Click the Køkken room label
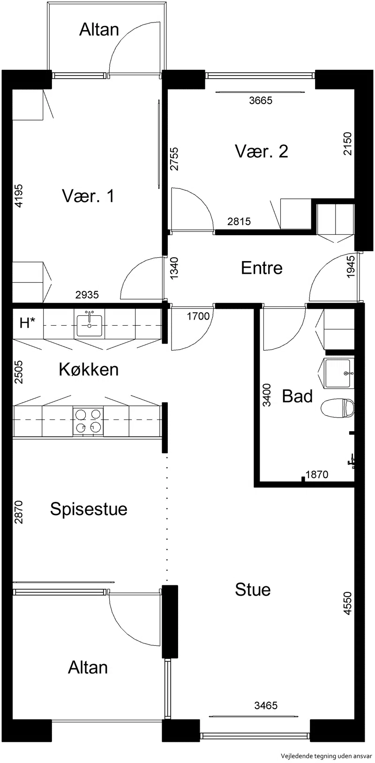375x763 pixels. click(89, 370)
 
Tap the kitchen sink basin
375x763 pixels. click(89, 325)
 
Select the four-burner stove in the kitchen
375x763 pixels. click(88, 422)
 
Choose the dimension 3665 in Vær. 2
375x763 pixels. click(261, 100)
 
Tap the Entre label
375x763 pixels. click(262, 268)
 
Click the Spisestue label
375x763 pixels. click(89, 509)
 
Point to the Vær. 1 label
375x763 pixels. click(88, 196)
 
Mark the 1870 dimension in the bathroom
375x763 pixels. click(317, 474)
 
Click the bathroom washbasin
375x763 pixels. click(339, 374)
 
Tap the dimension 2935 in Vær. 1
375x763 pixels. click(87, 295)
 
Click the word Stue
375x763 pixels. click(253, 590)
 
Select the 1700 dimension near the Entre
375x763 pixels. click(198, 316)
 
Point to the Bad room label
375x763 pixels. click(297, 396)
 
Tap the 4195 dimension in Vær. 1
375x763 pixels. click(19, 196)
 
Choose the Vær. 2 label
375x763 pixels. click(261, 151)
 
